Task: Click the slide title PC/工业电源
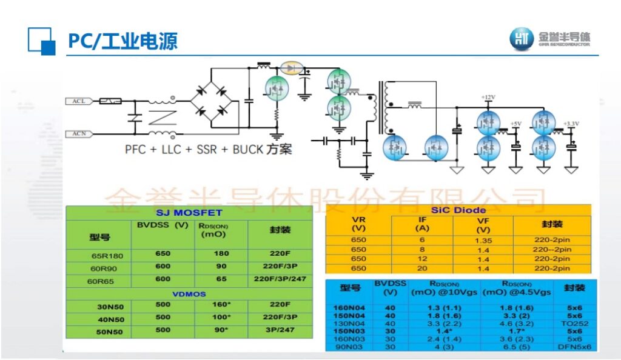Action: (x=122, y=41)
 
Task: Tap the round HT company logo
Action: (x=522, y=39)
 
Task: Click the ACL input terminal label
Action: (x=79, y=101)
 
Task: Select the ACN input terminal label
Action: (x=79, y=133)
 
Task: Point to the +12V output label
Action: (x=488, y=98)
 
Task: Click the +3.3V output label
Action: (x=571, y=124)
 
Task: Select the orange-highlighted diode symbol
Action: (x=295, y=67)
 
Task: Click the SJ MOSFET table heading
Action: (x=189, y=213)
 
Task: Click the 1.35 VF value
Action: (x=483, y=240)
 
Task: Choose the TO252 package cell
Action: (x=574, y=323)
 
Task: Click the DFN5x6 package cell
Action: (x=574, y=347)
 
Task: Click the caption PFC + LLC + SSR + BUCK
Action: (x=208, y=149)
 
